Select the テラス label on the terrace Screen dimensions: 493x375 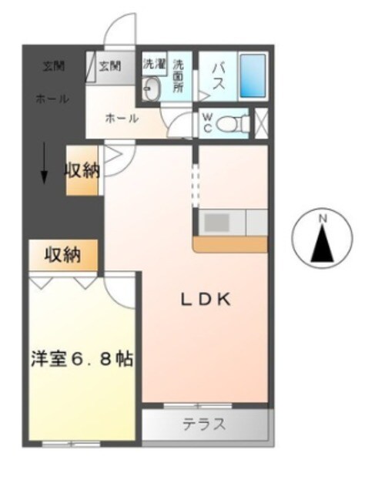click(x=204, y=424)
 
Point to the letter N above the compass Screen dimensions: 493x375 click(x=323, y=219)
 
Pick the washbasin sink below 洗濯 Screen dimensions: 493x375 click(x=151, y=89)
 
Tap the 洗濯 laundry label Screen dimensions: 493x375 click(x=154, y=64)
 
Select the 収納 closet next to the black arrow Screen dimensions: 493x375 click(x=82, y=171)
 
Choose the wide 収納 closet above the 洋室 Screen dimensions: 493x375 click(x=64, y=255)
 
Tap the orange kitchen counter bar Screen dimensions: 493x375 click(x=229, y=243)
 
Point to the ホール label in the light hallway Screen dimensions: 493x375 click(x=122, y=118)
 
